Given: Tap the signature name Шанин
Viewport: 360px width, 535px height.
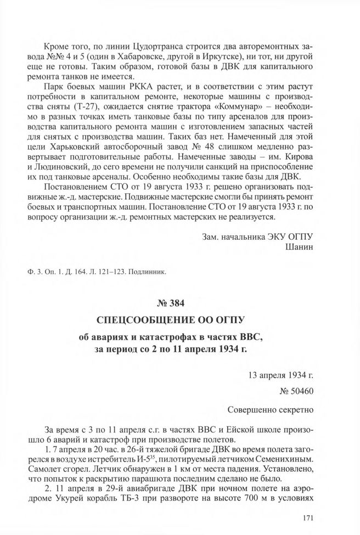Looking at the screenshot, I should tap(299, 246).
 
